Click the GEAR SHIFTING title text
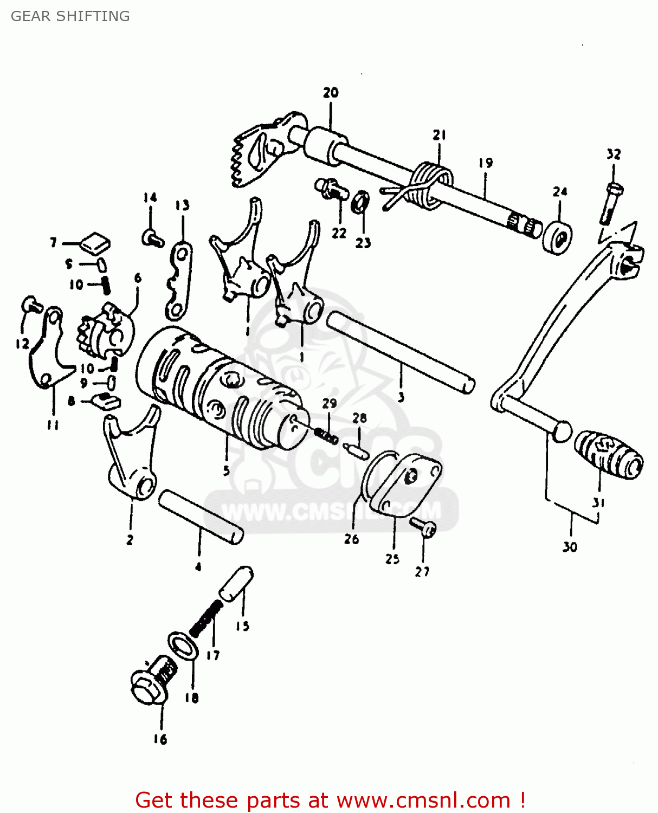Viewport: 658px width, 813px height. point(70,16)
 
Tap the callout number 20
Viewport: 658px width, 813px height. point(331,93)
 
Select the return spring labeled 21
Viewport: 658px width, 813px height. point(430,185)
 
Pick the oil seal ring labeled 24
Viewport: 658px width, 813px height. point(558,237)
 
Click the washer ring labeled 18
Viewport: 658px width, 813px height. point(183,646)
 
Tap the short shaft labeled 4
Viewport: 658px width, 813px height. point(201,516)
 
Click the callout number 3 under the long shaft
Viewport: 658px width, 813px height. point(401,397)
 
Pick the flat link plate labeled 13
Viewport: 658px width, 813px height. point(179,282)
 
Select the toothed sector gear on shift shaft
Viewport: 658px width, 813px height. point(255,152)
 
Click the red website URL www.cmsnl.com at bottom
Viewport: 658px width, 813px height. point(423,801)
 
